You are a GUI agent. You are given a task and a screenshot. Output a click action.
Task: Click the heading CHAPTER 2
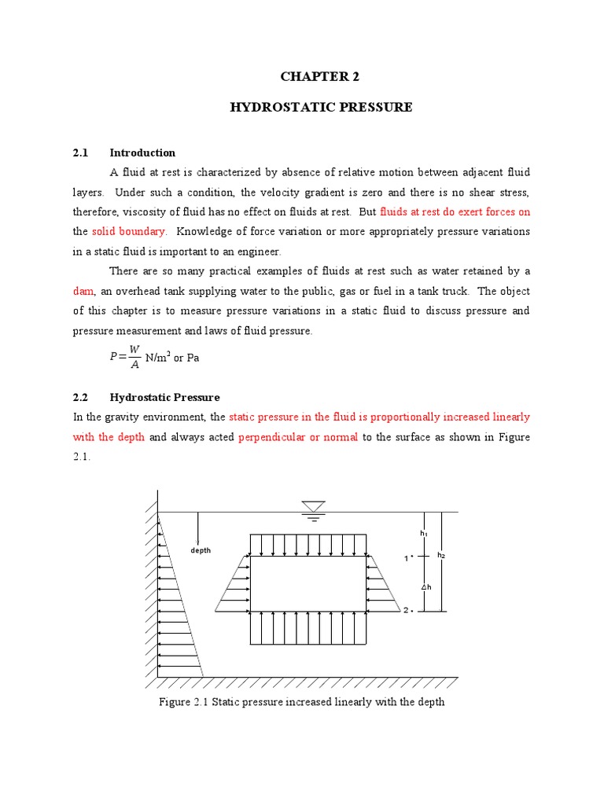tap(320, 77)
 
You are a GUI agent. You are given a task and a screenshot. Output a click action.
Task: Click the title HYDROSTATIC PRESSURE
tap(320, 107)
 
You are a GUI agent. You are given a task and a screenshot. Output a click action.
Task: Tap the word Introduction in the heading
tap(142, 153)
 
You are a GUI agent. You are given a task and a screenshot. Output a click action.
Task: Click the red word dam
tap(83, 291)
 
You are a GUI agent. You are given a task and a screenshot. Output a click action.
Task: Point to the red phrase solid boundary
tap(129, 231)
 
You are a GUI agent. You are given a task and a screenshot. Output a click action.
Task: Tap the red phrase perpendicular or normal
tap(298, 437)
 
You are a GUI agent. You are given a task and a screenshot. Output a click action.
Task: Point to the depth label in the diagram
tap(201, 550)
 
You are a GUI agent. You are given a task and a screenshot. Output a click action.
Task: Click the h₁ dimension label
tap(424, 534)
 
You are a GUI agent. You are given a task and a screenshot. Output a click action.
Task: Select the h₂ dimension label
tap(441, 556)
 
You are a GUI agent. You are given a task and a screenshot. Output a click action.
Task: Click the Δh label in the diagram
tap(425, 586)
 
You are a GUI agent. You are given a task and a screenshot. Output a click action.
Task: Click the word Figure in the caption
tap(175, 702)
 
